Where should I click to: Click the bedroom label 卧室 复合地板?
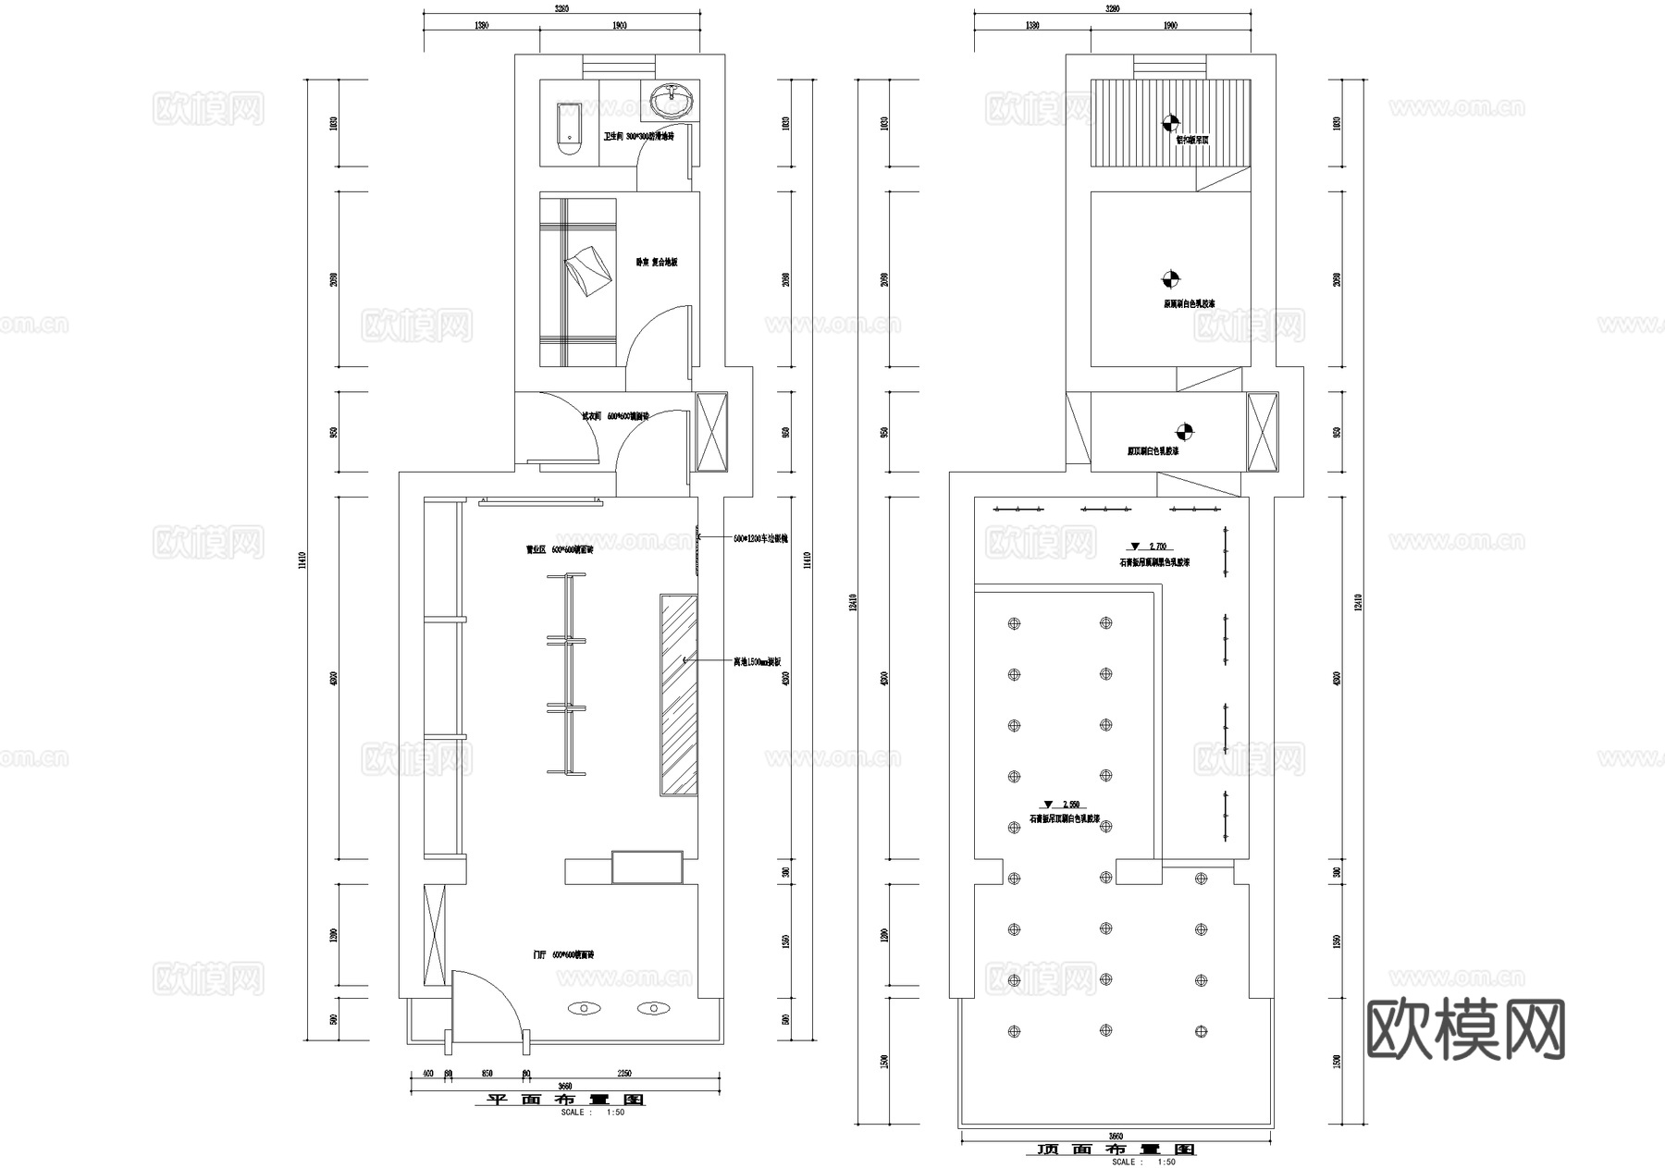click(657, 263)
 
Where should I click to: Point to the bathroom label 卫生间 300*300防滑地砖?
click(639, 136)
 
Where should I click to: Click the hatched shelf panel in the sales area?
click(678, 695)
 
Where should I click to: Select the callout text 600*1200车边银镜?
click(760, 538)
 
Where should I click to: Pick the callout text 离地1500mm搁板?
click(758, 662)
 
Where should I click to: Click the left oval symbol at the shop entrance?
click(585, 1008)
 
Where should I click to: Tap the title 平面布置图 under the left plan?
click(565, 1100)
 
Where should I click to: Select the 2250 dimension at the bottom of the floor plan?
click(623, 1074)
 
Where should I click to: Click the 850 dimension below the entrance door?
click(487, 1074)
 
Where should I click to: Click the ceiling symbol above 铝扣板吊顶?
click(1170, 122)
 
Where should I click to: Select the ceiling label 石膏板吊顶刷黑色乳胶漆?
click(1155, 562)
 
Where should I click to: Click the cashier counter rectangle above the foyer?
click(647, 867)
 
